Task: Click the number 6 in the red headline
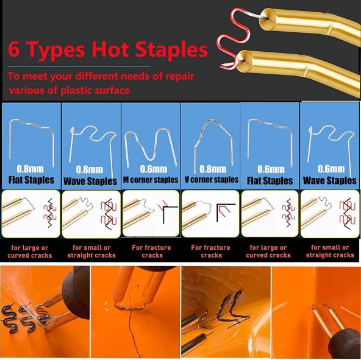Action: [x=13, y=49]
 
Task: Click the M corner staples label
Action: [x=151, y=180]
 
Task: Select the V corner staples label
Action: [x=212, y=180]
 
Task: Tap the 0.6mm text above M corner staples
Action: [x=154, y=169]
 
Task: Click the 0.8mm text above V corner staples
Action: [x=213, y=169]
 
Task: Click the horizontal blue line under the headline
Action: [x=79, y=66]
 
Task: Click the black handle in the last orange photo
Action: [x=346, y=344]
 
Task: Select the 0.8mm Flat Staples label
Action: [x=31, y=175]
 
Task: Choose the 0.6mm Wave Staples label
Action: [x=330, y=175]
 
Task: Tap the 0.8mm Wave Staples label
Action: [x=90, y=175]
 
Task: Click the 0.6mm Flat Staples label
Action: [x=270, y=175]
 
